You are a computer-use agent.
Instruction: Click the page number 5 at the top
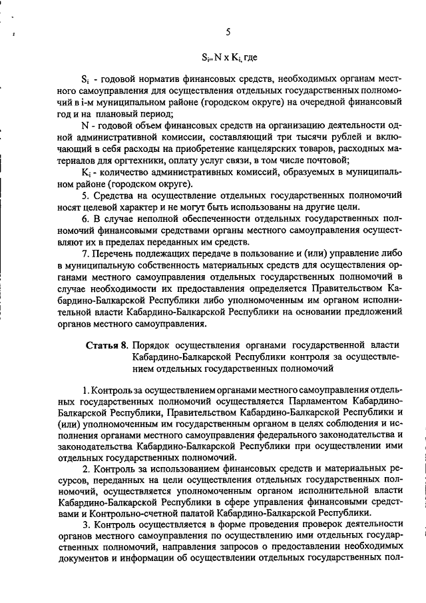pos(228,32)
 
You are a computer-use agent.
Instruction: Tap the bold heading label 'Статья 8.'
pos(106,345)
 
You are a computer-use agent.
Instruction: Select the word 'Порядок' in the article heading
pos(151,345)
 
